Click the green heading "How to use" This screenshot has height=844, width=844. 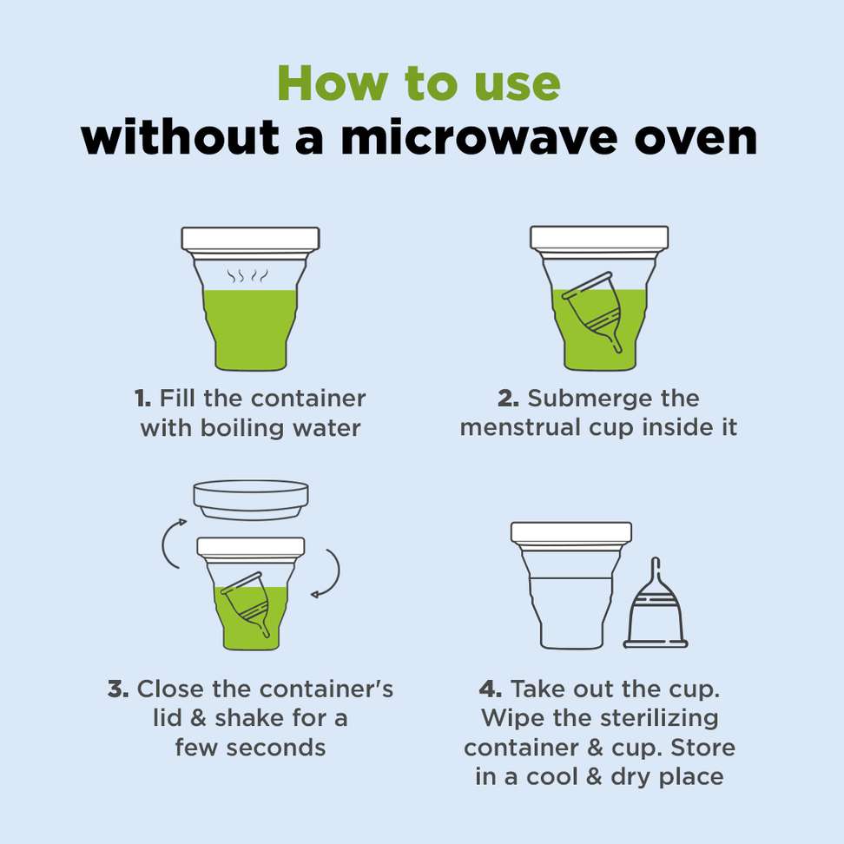pos(419,82)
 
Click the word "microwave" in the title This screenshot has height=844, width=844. pos(478,138)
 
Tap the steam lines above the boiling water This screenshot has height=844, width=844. pos(247,276)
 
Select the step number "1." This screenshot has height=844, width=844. pos(142,399)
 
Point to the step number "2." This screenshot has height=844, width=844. pos(508,399)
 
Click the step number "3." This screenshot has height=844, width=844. pos(118,689)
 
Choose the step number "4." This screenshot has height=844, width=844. pos(491,689)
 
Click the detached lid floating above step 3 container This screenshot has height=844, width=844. pos(251,500)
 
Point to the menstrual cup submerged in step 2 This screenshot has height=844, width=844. pos(593,311)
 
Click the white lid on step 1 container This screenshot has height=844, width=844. pos(250,239)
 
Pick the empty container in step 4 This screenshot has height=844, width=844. pos(571,585)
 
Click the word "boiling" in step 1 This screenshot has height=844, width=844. pos(241,428)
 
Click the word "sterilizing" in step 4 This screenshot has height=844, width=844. pos(659,719)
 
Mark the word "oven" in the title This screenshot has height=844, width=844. pos(696,139)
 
